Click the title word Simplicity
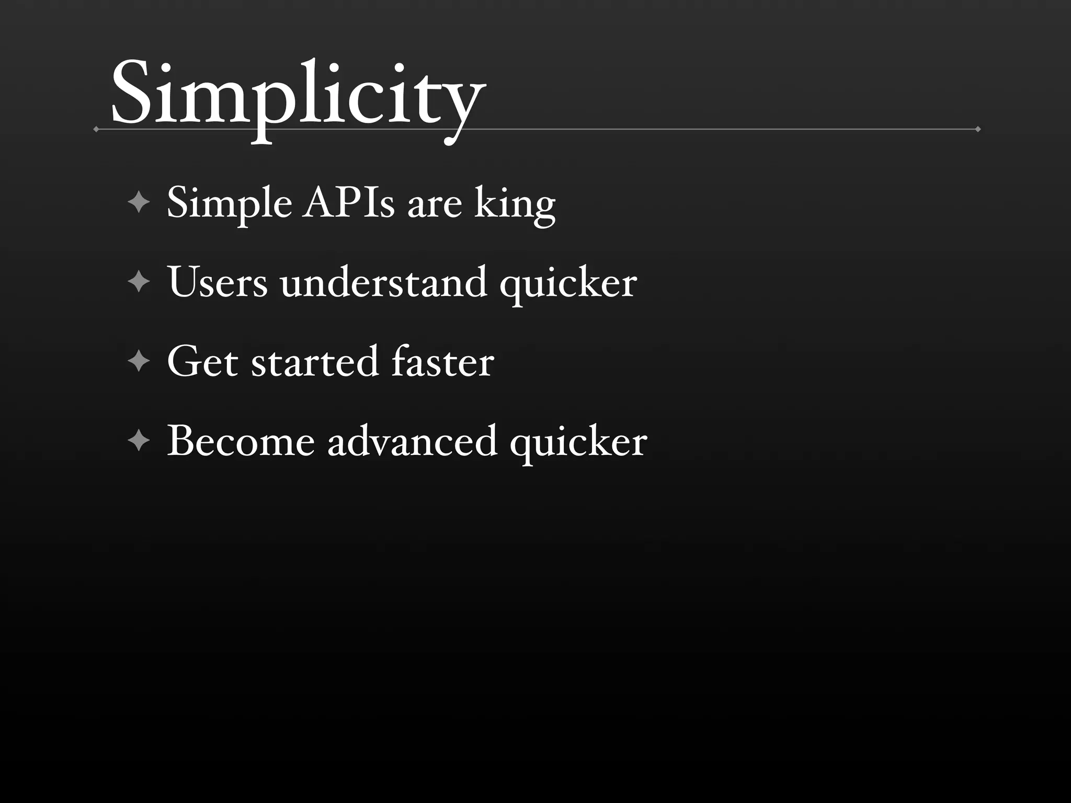click(298, 97)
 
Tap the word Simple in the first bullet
click(229, 203)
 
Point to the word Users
click(218, 283)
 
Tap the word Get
click(202, 362)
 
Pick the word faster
click(442, 362)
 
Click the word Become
click(241, 442)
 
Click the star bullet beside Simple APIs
click(139, 202)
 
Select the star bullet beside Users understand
click(139, 282)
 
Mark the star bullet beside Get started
click(139, 361)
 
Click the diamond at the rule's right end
click(978, 129)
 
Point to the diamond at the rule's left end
click(96, 129)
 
